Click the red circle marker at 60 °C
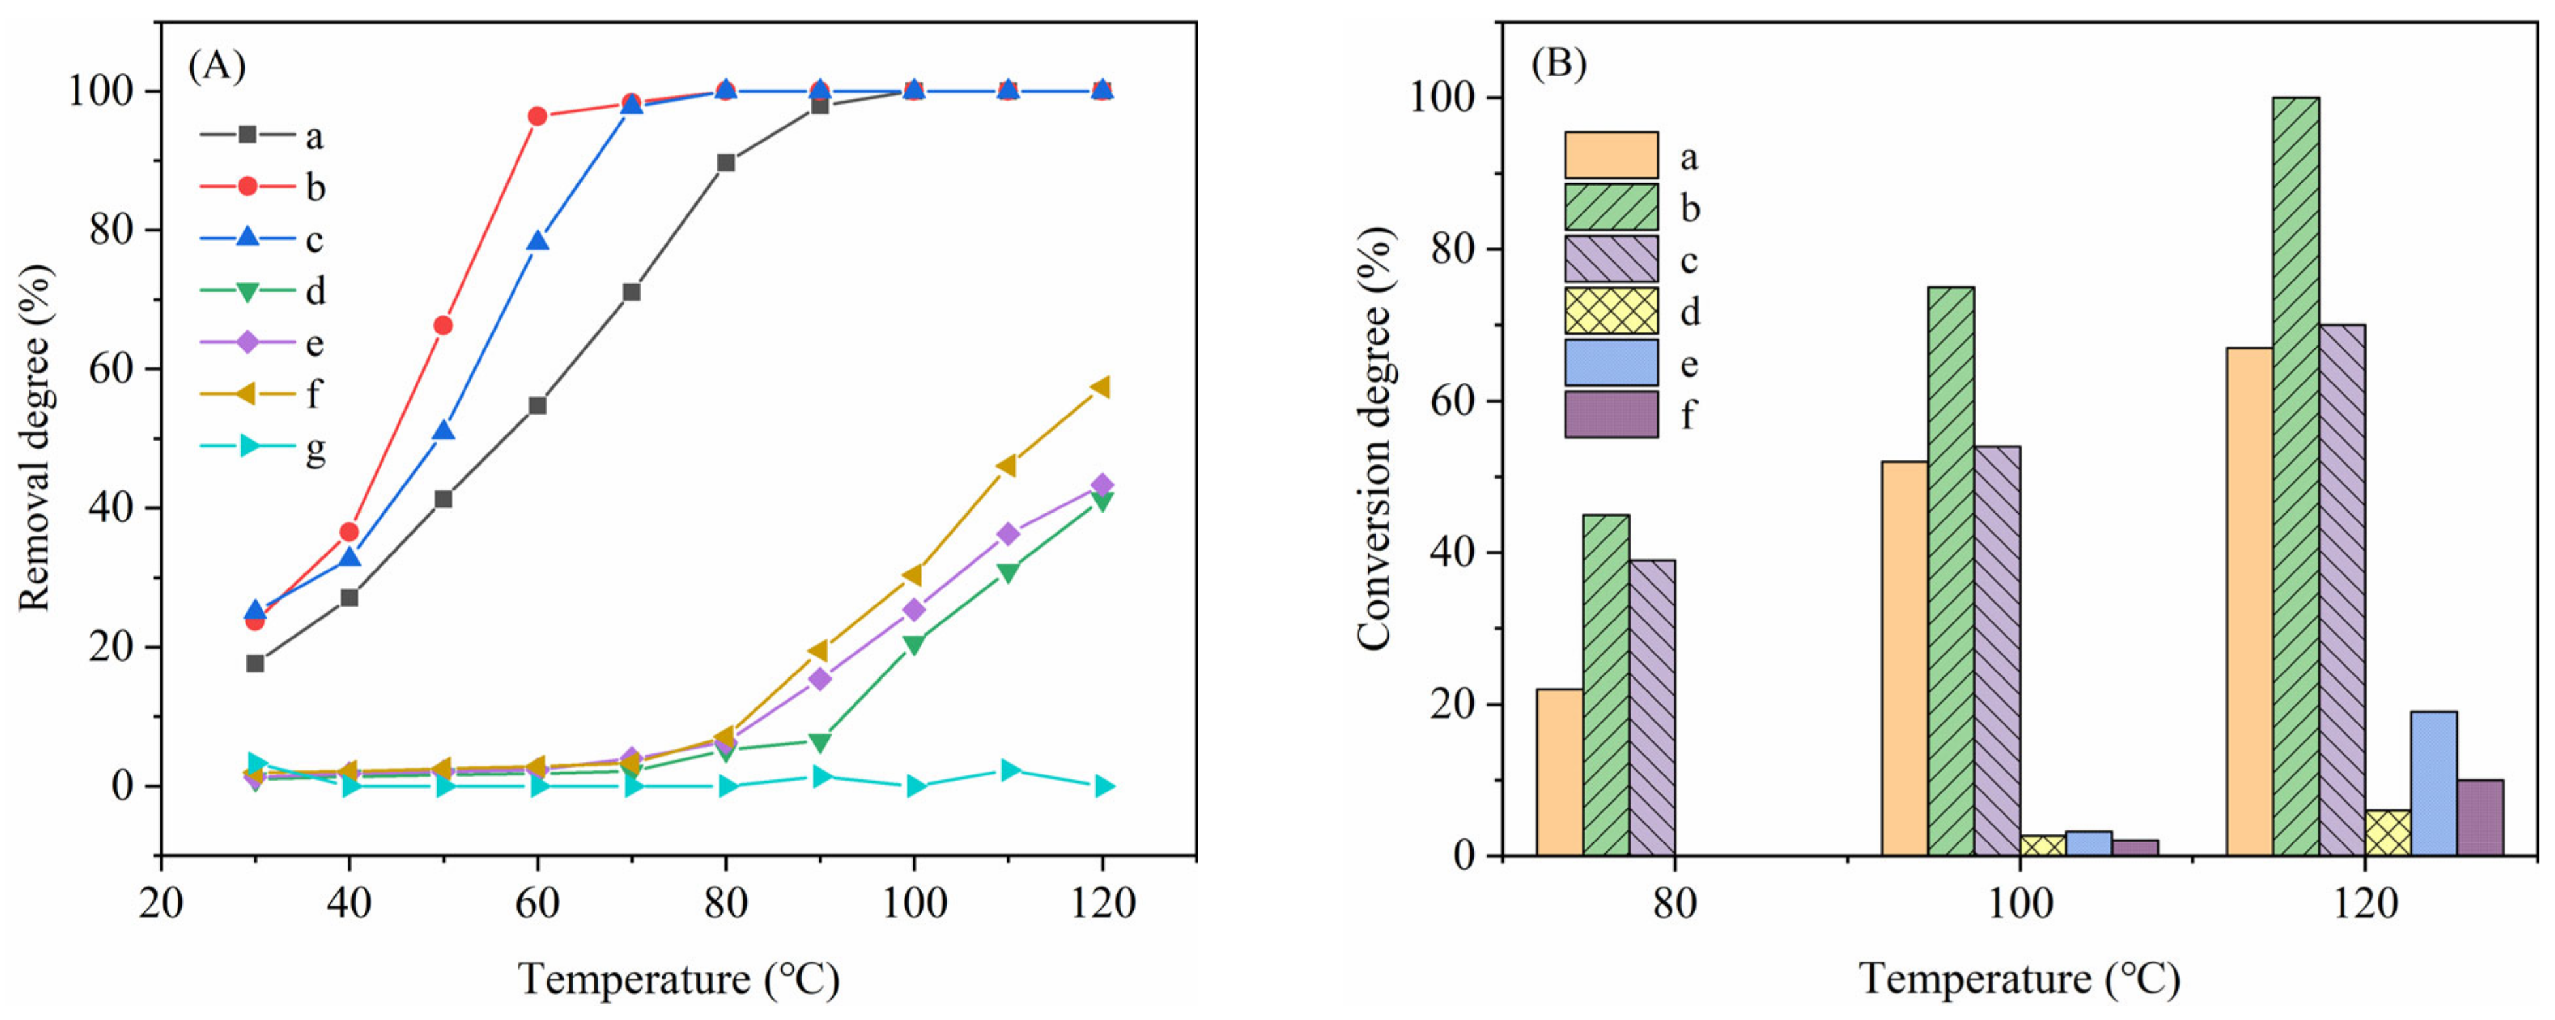point(537,116)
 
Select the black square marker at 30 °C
point(255,663)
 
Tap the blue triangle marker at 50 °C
point(443,432)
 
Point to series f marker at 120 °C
point(1102,387)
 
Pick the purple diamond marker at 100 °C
point(913,609)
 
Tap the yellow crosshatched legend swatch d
point(1611,311)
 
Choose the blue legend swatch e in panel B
point(1611,363)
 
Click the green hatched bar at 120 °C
point(2295,476)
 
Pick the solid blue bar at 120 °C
point(2433,784)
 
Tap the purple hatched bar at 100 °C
point(1997,651)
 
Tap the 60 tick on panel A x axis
point(537,904)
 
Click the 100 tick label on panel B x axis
point(2020,904)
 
